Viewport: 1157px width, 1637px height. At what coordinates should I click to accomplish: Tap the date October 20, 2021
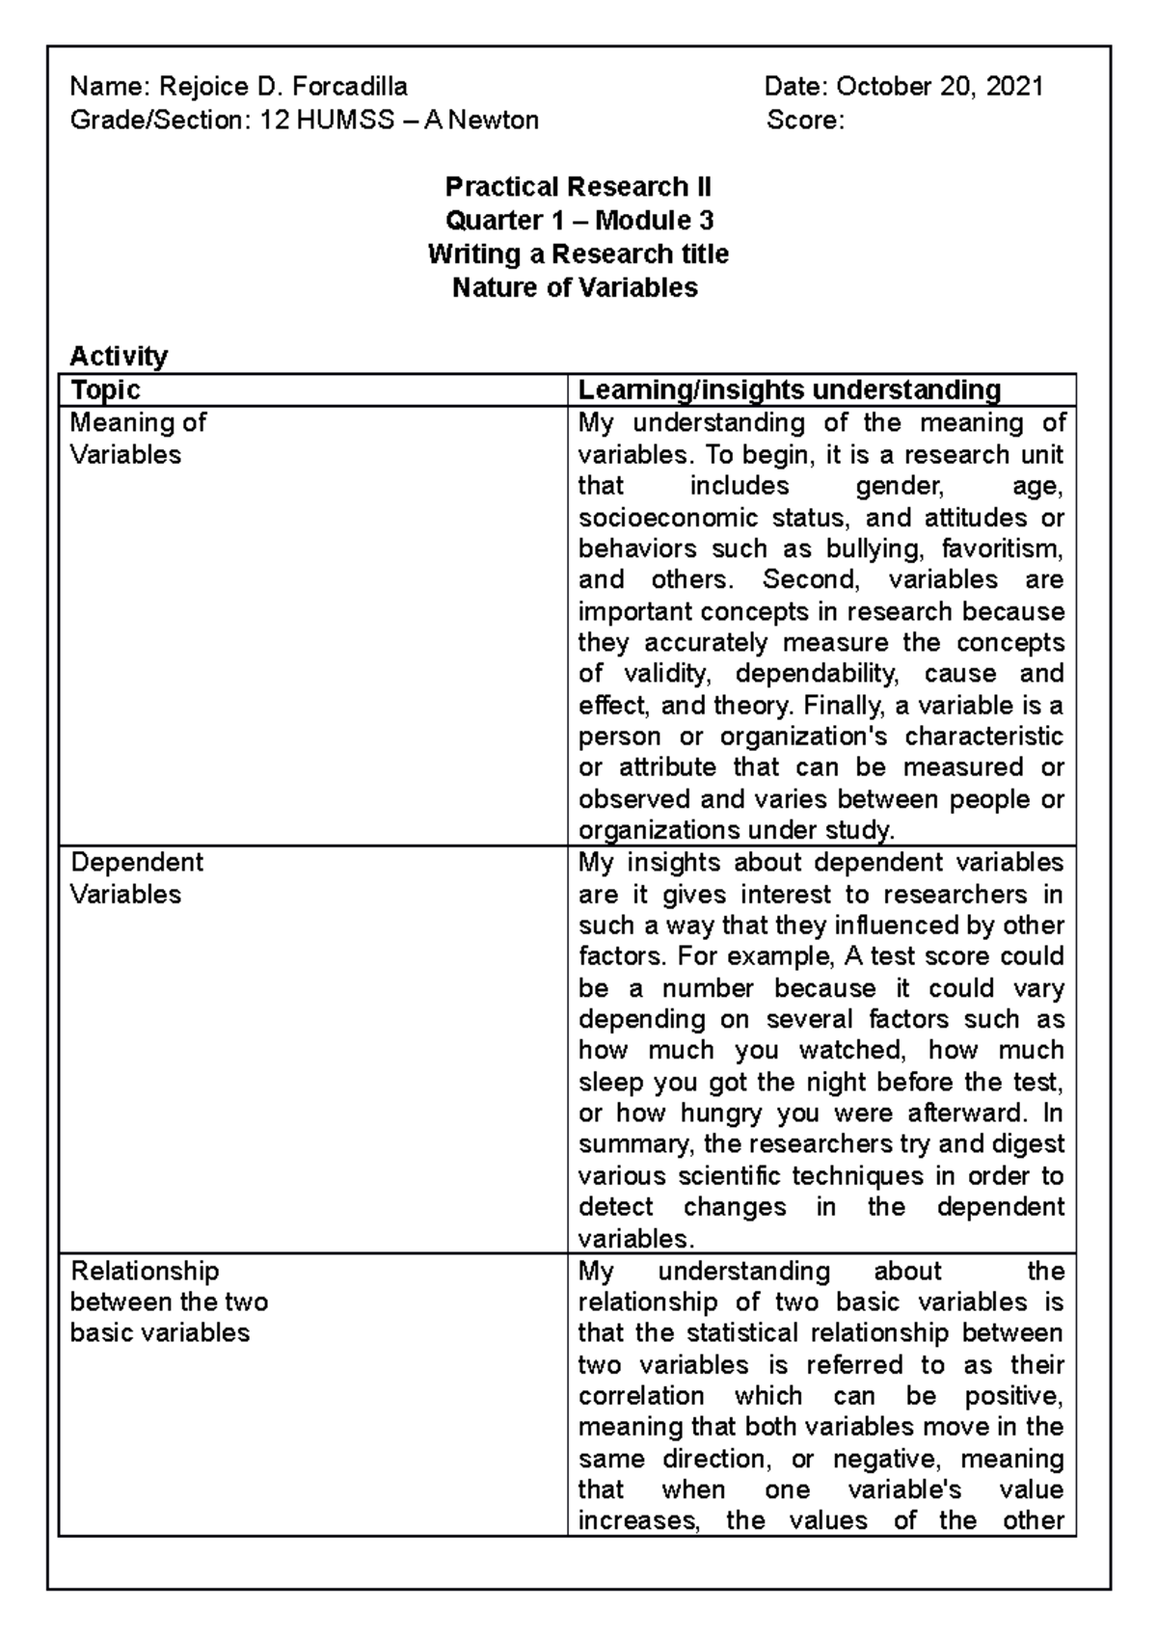[x=939, y=87]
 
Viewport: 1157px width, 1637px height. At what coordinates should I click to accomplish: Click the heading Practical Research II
[x=578, y=187]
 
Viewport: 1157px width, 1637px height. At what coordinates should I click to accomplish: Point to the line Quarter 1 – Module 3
[x=578, y=221]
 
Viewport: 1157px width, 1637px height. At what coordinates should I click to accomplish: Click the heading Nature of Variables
[x=575, y=288]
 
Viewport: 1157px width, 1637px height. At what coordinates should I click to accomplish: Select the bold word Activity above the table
[x=119, y=356]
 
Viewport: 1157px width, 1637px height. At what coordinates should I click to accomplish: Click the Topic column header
[x=105, y=389]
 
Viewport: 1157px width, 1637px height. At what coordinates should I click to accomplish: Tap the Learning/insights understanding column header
[x=789, y=389]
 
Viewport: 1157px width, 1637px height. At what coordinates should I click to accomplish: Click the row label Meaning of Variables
[x=138, y=439]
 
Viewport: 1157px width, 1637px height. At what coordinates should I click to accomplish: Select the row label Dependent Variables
[x=136, y=877]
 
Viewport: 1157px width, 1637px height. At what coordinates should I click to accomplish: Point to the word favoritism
[x=1002, y=549]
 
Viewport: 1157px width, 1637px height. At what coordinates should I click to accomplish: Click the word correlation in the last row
[x=641, y=1396]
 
